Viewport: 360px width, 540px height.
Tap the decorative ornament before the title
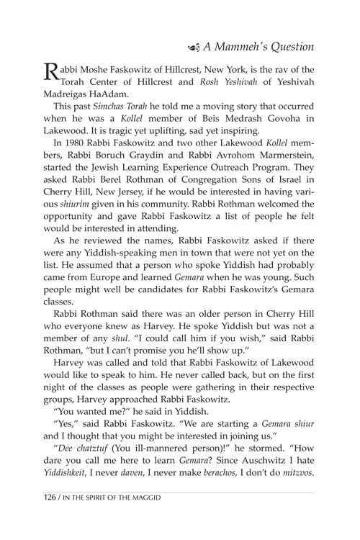coord(189,48)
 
